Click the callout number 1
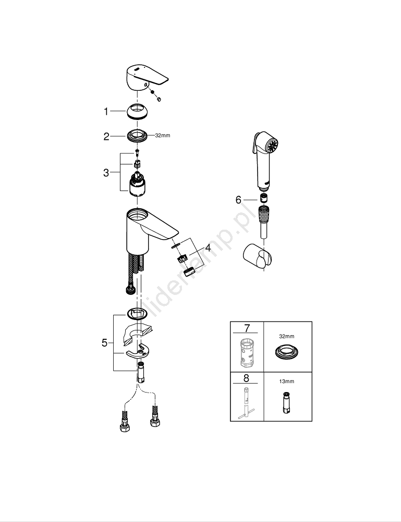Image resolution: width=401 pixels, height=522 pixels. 106,111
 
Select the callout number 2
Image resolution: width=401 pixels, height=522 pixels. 106,136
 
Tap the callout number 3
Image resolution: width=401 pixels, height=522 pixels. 106,173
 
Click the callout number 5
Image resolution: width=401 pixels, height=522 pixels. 104,343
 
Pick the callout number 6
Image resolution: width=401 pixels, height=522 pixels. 239,199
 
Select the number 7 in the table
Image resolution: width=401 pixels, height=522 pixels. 247,328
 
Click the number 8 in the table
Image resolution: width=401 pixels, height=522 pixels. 247,377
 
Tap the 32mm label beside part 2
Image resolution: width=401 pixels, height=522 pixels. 163,136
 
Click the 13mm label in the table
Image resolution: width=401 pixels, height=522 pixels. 287,382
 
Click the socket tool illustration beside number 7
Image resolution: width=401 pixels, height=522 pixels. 247,352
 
